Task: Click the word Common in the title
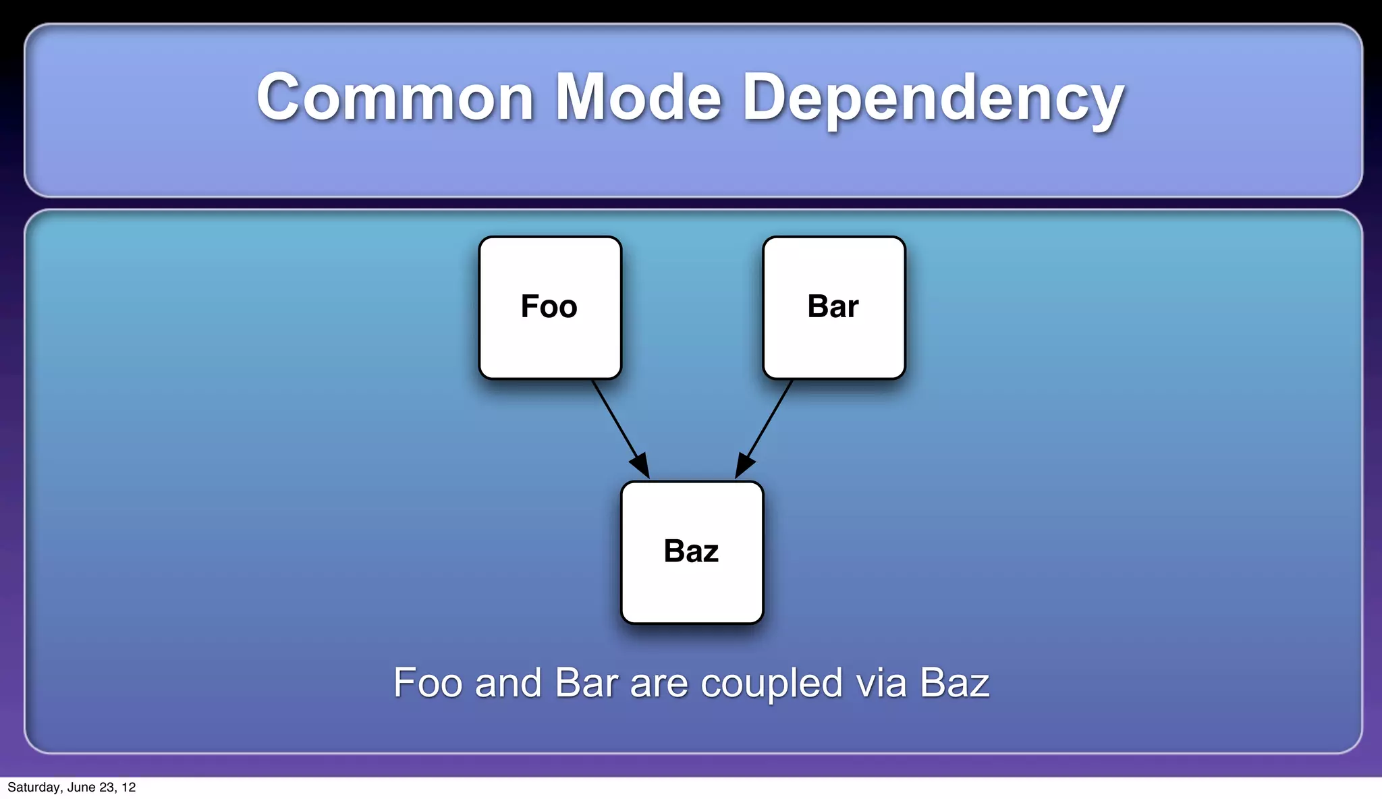(x=395, y=98)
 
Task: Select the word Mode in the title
(x=638, y=98)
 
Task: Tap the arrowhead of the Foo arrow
(x=640, y=465)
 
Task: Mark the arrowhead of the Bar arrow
(x=744, y=465)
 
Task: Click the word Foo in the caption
(x=429, y=683)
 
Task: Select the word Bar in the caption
(x=586, y=683)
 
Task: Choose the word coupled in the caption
(x=772, y=684)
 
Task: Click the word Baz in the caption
(x=954, y=683)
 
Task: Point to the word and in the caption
(x=508, y=683)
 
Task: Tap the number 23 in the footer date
(x=107, y=788)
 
